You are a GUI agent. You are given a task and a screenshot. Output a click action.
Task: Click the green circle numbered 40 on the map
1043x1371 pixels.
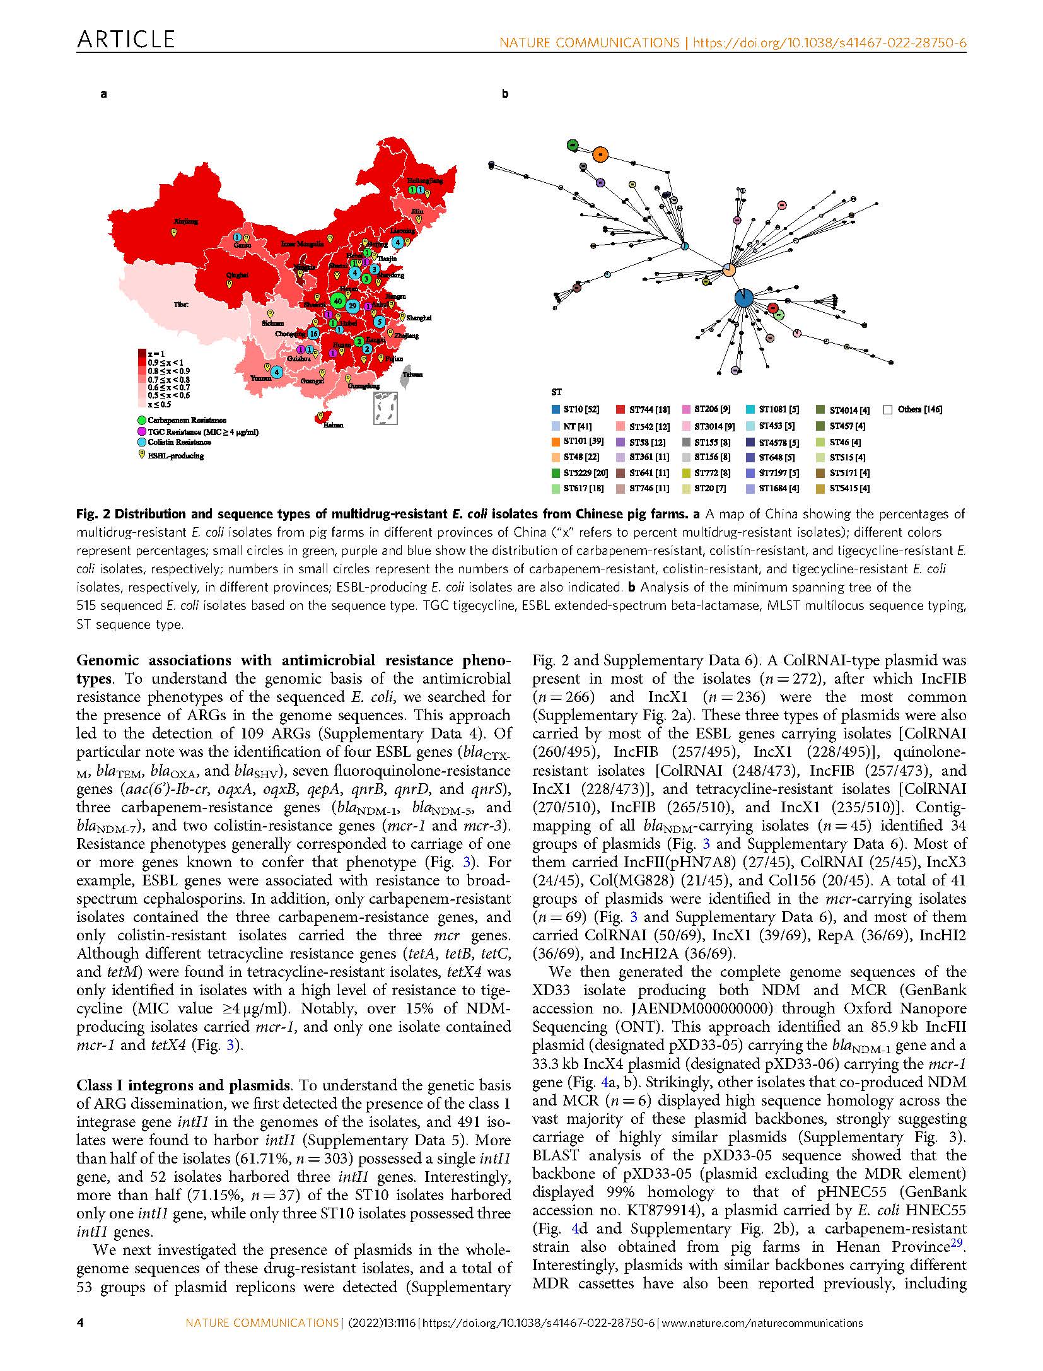338,301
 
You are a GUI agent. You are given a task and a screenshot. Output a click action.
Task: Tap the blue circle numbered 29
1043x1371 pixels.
353,306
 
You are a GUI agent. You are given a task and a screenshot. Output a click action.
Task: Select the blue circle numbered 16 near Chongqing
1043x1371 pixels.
313,333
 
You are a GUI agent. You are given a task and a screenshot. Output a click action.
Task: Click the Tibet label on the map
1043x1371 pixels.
181,305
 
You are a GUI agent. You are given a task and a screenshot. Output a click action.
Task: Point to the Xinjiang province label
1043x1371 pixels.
186,221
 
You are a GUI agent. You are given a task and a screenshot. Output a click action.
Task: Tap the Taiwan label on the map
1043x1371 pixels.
413,375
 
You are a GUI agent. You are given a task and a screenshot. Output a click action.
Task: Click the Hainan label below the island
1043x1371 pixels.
334,425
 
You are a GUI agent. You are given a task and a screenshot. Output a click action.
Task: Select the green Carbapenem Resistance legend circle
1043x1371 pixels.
143,420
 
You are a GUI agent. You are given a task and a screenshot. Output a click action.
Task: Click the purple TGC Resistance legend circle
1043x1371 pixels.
143,431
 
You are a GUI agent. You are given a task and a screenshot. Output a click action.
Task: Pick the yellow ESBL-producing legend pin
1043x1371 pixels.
142,455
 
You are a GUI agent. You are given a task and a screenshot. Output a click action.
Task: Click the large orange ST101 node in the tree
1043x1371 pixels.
601,153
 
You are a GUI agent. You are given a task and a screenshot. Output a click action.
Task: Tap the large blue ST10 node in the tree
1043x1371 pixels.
744,298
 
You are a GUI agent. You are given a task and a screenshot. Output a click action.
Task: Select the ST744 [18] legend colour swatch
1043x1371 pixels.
621,409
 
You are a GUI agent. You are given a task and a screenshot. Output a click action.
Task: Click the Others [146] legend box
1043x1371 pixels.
888,409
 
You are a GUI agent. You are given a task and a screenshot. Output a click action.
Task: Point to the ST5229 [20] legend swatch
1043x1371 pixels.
556,472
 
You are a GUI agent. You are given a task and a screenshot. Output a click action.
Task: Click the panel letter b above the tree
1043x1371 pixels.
504,95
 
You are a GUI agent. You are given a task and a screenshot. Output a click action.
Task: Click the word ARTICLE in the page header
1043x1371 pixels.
125,40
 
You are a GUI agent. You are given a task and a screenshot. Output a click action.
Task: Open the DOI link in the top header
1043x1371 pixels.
829,43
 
